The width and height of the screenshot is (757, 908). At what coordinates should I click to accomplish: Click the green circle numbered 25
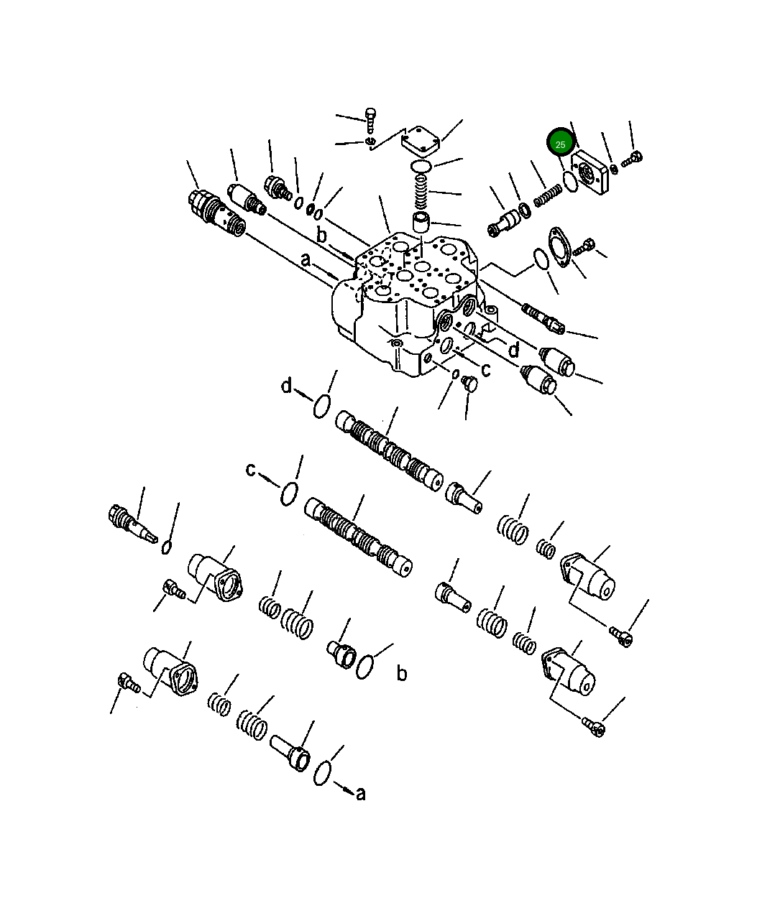pyautogui.click(x=561, y=144)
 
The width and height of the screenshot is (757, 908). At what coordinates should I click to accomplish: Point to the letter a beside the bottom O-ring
pyautogui.click(x=361, y=793)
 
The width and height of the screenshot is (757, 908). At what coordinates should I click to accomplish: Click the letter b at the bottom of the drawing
pyautogui.click(x=402, y=673)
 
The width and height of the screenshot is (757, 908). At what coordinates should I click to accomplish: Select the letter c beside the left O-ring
pyautogui.click(x=251, y=470)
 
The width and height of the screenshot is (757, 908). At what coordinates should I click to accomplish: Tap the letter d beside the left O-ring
pyautogui.click(x=287, y=386)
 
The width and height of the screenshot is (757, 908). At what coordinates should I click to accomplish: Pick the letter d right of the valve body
pyautogui.click(x=513, y=351)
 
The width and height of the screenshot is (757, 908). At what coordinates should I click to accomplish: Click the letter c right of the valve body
pyautogui.click(x=486, y=370)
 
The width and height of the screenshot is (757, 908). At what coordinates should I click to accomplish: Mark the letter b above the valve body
pyautogui.click(x=322, y=236)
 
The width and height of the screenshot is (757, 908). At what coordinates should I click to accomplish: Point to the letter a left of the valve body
pyautogui.click(x=306, y=259)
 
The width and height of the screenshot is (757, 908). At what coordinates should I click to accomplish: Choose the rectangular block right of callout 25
pyautogui.click(x=592, y=171)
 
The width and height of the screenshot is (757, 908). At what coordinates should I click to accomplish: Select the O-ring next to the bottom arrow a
pyautogui.click(x=322, y=774)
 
